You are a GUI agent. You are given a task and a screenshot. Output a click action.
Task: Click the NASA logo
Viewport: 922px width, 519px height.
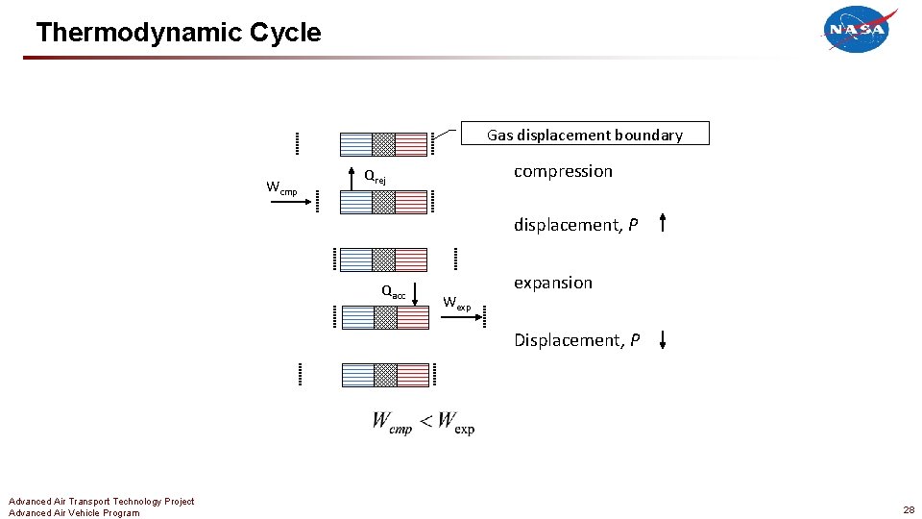(x=859, y=30)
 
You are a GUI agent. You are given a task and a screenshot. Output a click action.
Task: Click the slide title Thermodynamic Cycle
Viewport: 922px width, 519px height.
(x=179, y=33)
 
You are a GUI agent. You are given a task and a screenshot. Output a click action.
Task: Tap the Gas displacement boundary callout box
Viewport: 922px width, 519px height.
(x=584, y=135)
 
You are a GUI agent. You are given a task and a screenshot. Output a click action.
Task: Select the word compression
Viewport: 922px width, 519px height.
(x=563, y=171)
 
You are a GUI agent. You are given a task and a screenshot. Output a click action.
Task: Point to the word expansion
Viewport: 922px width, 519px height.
(x=553, y=283)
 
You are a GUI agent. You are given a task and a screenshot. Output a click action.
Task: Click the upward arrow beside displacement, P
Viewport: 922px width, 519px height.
(x=663, y=225)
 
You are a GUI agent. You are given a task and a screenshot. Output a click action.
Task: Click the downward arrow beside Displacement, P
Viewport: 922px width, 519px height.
(x=664, y=339)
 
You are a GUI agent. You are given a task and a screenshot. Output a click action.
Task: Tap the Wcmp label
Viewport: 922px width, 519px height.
(x=281, y=187)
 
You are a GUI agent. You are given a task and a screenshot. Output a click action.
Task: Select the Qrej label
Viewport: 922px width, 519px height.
(x=375, y=177)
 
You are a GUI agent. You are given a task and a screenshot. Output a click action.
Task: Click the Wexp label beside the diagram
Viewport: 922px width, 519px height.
(x=457, y=305)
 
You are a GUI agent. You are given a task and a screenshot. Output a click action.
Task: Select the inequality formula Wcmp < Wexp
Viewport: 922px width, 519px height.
(x=424, y=423)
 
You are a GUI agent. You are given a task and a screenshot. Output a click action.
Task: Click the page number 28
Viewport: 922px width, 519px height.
(x=908, y=509)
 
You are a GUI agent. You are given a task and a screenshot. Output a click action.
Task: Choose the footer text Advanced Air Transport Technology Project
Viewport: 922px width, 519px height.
(x=101, y=501)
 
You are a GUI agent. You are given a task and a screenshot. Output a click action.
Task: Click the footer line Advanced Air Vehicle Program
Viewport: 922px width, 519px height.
(x=74, y=512)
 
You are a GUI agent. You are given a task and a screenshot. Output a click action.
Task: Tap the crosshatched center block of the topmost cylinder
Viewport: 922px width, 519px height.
(x=384, y=144)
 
